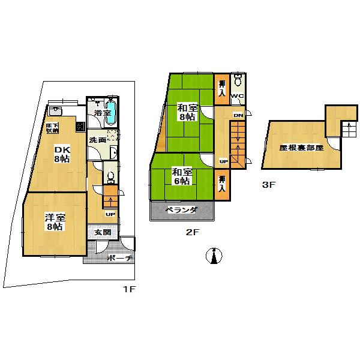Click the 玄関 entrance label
tap(103, 232)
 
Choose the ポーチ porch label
tap(120, 259)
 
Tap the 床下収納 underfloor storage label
tap(53, 127)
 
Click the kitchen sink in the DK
tap(57, 111)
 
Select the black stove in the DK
tap(80, 127)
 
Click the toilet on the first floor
tap(109, 177)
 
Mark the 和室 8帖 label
tap(187, 112)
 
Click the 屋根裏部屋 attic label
tap(301, 147)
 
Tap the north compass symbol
tap(212, 256)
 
